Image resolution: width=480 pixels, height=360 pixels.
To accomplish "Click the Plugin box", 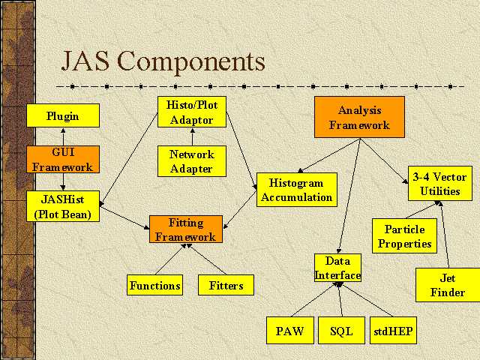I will pyautogui.click(x=63, y=116).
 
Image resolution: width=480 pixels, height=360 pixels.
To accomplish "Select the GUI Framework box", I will pyautogui.click(x=63, y=160).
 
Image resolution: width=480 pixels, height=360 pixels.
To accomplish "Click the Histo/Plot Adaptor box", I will pyautogui.click(x=191, y=112).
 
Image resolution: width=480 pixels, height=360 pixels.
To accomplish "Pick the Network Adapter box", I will pyautogui.click(x=191, y=162).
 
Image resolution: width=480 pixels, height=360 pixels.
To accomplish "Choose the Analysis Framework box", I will pyautogui.click(x=359, y=118).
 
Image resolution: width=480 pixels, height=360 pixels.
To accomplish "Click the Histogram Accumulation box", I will pyautogui.click(x=297, y=190).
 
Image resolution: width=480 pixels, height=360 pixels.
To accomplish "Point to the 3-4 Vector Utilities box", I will pyautogui.click(x=440, y=184).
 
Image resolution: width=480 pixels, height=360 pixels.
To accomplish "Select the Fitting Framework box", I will pyautogui.click(x=185, y=229).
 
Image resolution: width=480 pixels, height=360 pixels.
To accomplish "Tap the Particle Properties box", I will pyautogui.click(x=405, y=236).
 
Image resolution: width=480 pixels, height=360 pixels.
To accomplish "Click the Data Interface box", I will pyautogui.click(x=337, y=268).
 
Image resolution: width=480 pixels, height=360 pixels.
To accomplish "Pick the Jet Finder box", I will pyautogui.click(x=447, y=285).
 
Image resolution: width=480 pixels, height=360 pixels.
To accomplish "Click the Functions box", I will pyautogui.click(x=155, y=286).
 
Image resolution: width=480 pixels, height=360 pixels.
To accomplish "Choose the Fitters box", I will pyautogui.click(x=226, y=286).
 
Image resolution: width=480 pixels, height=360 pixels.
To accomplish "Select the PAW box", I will pyautogui.click(x=289, y=331).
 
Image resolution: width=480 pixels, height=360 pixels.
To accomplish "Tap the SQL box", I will pyautogui.click(x=341, y=331).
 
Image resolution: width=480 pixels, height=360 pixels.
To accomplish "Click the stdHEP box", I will pyautogui.click(x=392, y=331).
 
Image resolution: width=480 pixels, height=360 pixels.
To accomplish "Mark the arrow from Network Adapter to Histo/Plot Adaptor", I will pyautogui.click(x=191, y=136).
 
